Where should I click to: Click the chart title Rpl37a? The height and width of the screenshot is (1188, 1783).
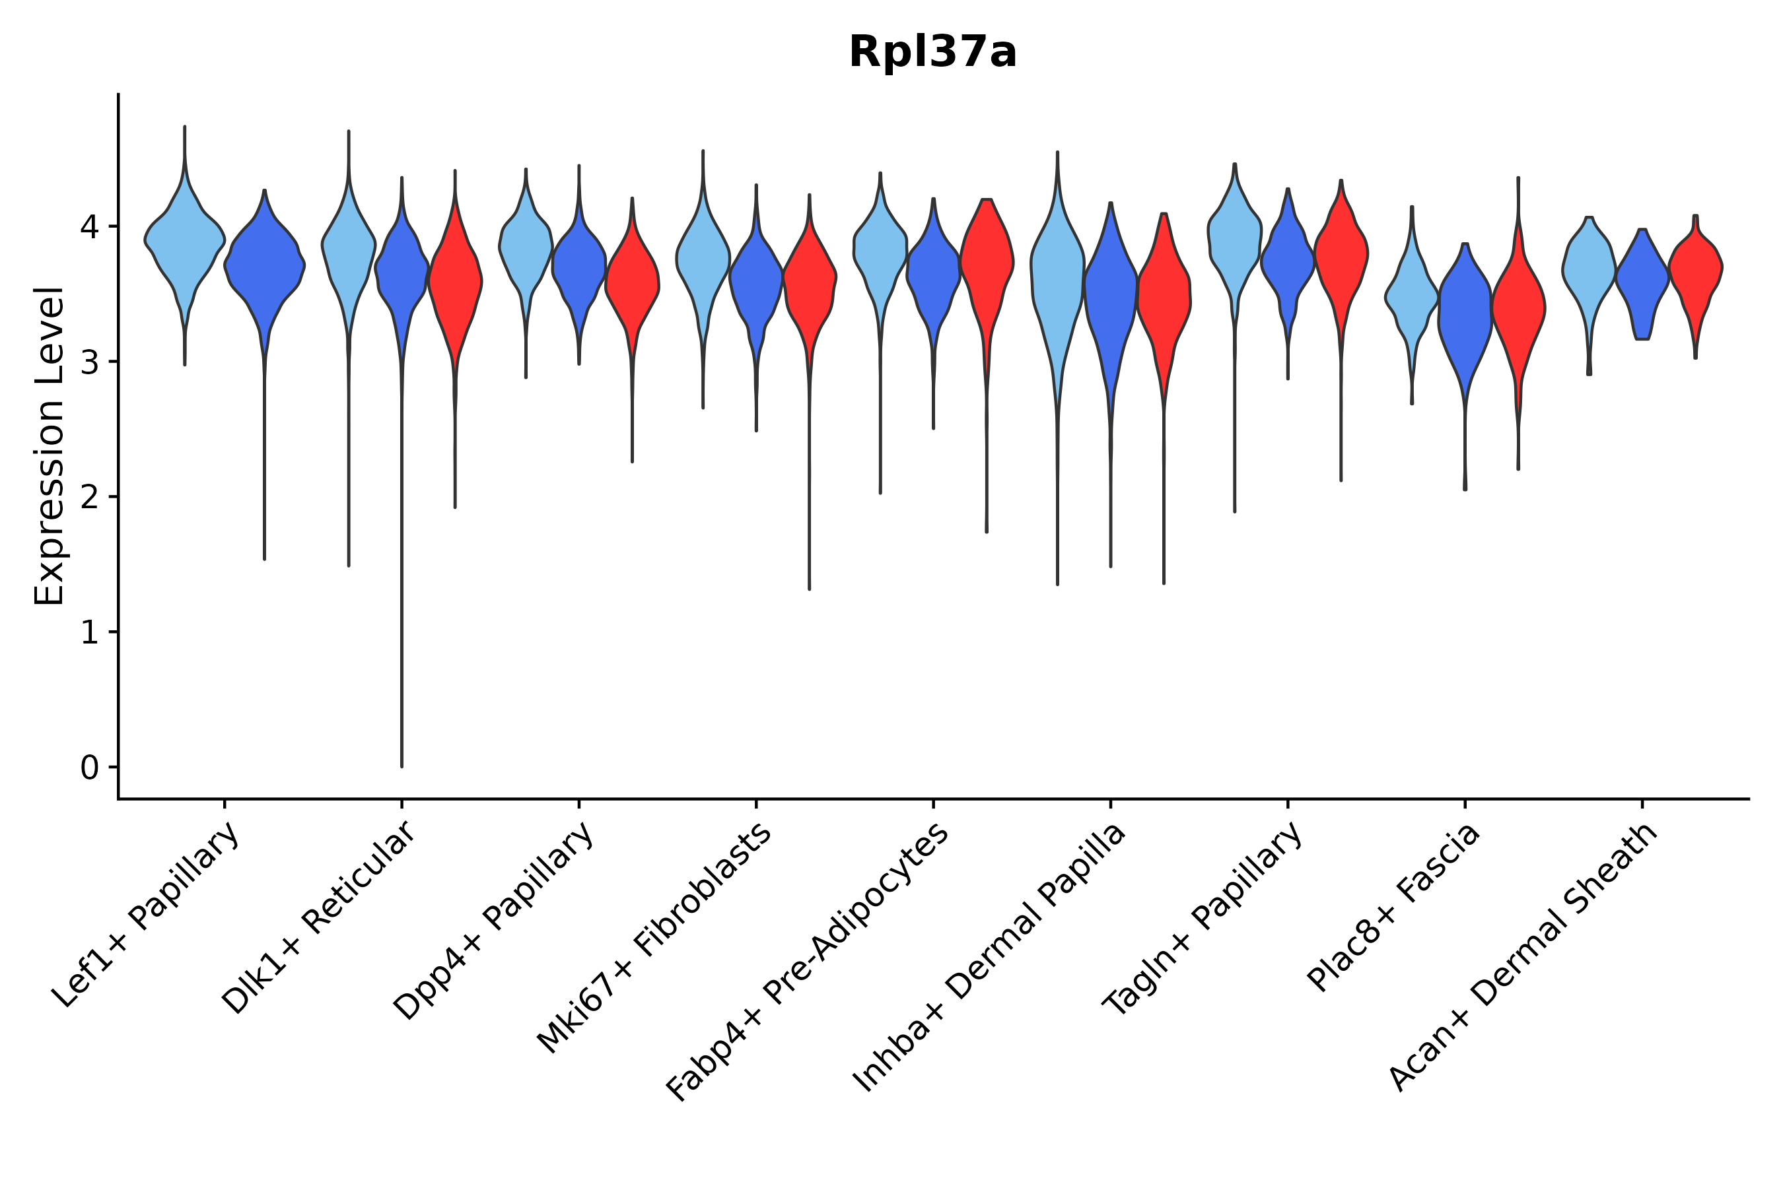click(932, 52)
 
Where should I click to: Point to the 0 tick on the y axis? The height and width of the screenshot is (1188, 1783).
click(89, 768)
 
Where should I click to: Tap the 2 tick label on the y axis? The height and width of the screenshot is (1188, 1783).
click(89, 498)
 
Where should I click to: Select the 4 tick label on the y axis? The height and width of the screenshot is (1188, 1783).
click(89, 227)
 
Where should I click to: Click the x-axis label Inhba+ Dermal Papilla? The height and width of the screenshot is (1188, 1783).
click(989, 958)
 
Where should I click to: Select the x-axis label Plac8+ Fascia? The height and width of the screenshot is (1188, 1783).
click(1393, 907)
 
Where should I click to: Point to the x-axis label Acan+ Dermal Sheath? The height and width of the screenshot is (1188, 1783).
click(1523, 958)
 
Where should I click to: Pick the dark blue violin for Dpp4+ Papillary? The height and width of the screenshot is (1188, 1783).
click(579, 265)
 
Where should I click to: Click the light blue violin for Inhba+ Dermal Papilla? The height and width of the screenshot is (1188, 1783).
click(1057, 273)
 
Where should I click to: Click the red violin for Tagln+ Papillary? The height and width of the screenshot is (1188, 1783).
click(1341, 250)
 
